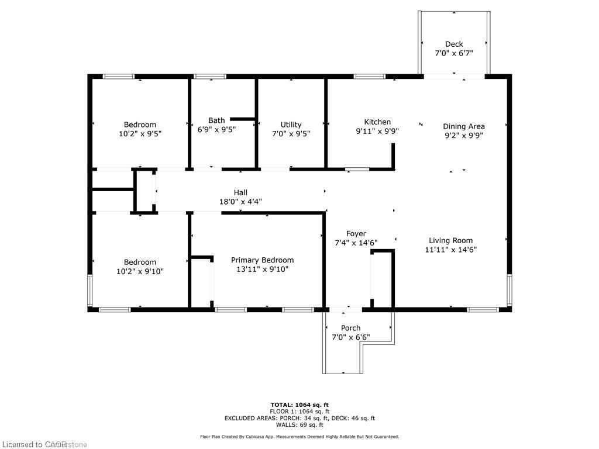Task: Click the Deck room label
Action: tap(454, 44)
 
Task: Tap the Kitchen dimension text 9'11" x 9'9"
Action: tap(377, 132)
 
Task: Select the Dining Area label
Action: tap(463, 126)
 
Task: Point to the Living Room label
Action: tap(450, 240)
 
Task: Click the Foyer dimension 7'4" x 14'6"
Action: tap(356, 243)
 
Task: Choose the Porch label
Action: tap(351, 328)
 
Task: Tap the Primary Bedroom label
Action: tap(262, 260)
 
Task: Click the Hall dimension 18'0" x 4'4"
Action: tap(240, 202)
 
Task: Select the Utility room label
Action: tap(291, 125)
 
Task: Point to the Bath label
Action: tap(216, 120)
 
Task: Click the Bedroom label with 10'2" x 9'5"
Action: tap(140, 125)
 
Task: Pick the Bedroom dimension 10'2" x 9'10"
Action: tap(140, 271)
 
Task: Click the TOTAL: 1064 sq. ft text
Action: tap(299, 405)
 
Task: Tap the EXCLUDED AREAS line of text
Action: tap(299, 418)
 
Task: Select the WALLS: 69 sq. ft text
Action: tap(299, 425)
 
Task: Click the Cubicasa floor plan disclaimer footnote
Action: tap(299, 437)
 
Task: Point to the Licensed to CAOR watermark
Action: tap(43, 444)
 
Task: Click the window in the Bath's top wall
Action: tap(210, 76)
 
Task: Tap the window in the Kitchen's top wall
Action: tap(370, 76)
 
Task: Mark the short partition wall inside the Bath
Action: tap(243, 119)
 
